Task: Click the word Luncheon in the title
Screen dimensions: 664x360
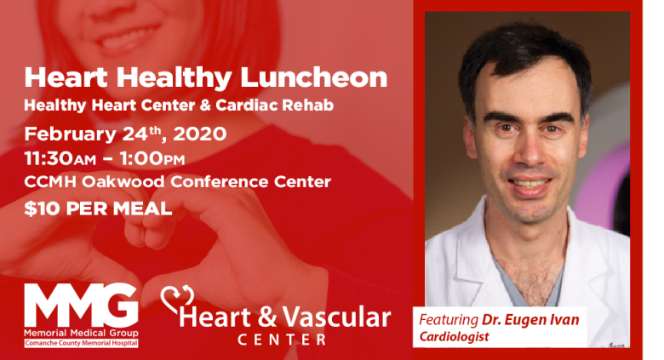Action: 313,77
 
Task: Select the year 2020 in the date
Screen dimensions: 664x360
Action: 199,134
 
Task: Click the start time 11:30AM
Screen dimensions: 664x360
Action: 60,159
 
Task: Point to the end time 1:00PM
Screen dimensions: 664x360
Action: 152,159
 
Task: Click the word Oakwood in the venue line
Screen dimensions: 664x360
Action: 123,181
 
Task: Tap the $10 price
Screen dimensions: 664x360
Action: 37,209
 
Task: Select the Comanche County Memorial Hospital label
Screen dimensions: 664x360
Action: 81,343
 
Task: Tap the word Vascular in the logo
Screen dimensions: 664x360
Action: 336,317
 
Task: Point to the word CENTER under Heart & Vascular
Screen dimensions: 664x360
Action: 282,340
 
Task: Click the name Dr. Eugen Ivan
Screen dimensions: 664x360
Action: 530,320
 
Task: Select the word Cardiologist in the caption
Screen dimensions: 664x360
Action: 454,337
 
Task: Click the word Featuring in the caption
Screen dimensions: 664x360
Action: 449,320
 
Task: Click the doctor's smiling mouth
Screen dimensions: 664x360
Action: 530,184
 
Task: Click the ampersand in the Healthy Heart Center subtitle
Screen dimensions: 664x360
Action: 205,105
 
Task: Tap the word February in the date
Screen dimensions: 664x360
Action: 71,134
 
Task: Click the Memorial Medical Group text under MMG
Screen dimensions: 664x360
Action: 81,333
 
